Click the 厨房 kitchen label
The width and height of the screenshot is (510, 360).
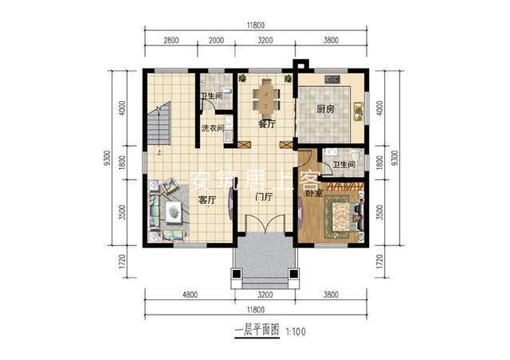(x=325, y=110)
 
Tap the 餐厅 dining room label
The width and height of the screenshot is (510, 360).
(x=266, y=125)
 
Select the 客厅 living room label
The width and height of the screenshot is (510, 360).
(x=207, y=200)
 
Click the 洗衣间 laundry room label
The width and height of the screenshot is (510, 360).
(x=212, y=128)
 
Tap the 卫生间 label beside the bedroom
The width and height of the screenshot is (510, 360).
(x=344, y=165)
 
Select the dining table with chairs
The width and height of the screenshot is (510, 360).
(x=266, y=96)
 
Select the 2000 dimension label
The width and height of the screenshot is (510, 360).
(x=216, y=40)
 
